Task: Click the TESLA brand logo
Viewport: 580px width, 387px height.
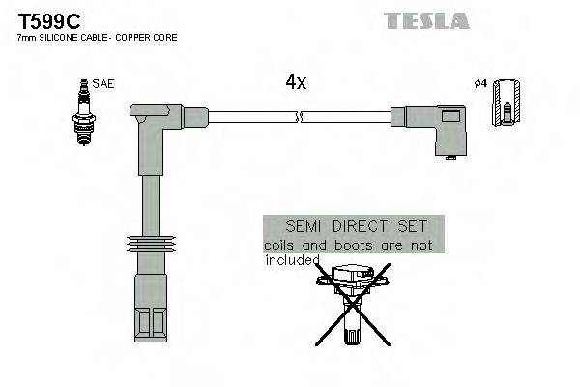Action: click(426, 20)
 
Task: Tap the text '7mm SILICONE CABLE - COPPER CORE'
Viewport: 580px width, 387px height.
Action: click(98, 37)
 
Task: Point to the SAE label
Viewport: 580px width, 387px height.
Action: click(103, 85)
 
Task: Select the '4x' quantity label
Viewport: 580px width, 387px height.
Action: click(296, 82)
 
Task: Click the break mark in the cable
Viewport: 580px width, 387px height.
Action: click(301, 117)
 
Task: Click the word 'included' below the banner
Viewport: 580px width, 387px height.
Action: click(291, 259)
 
